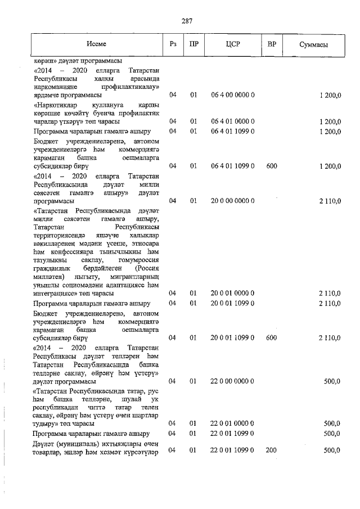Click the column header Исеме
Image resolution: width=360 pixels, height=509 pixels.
(96, 44)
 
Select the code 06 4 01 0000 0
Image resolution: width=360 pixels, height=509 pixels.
(233, 121)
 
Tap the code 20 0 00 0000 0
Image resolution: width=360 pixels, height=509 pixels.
(233, 200)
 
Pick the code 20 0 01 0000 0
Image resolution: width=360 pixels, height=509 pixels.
(233, 293)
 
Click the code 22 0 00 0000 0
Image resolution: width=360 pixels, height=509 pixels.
(233, 381)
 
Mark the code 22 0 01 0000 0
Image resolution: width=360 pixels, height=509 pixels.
(233, 423)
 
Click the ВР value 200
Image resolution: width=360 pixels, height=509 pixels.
(272, 450)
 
